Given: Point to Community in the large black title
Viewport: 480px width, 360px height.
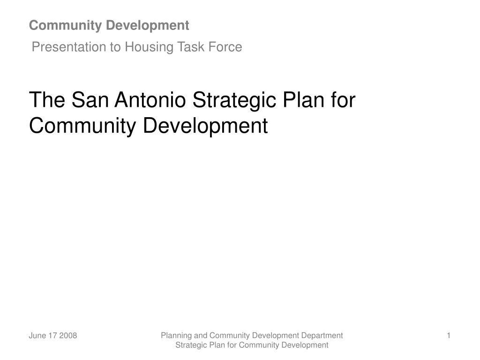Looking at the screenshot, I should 83,126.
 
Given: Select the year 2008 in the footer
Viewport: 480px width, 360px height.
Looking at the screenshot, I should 68,336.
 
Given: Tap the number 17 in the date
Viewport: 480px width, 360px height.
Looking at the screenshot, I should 52,336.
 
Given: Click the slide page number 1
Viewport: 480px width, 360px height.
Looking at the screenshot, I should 449,335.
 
